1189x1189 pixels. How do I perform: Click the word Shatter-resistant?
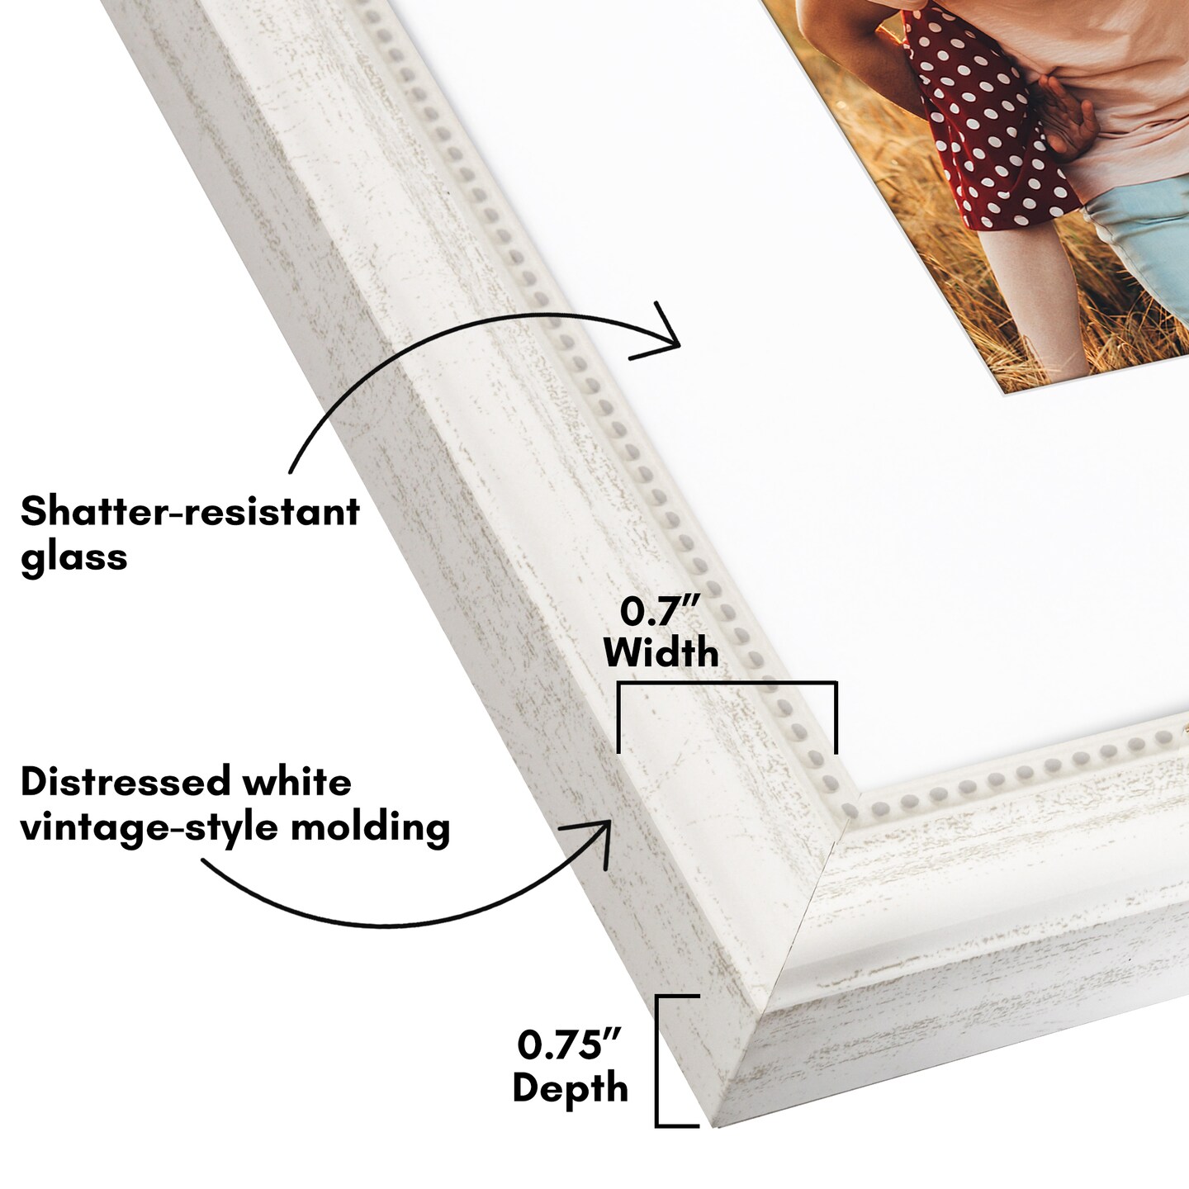coord(190,512)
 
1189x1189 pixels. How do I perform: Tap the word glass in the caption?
coord(74,557)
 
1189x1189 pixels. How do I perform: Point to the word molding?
coord(371,827)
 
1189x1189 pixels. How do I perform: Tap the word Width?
coord(661,653)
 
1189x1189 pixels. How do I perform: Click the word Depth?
coord(570,1087)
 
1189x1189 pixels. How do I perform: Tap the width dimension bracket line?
coord(727,684)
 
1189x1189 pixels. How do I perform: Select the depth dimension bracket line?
coord(657,1061)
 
